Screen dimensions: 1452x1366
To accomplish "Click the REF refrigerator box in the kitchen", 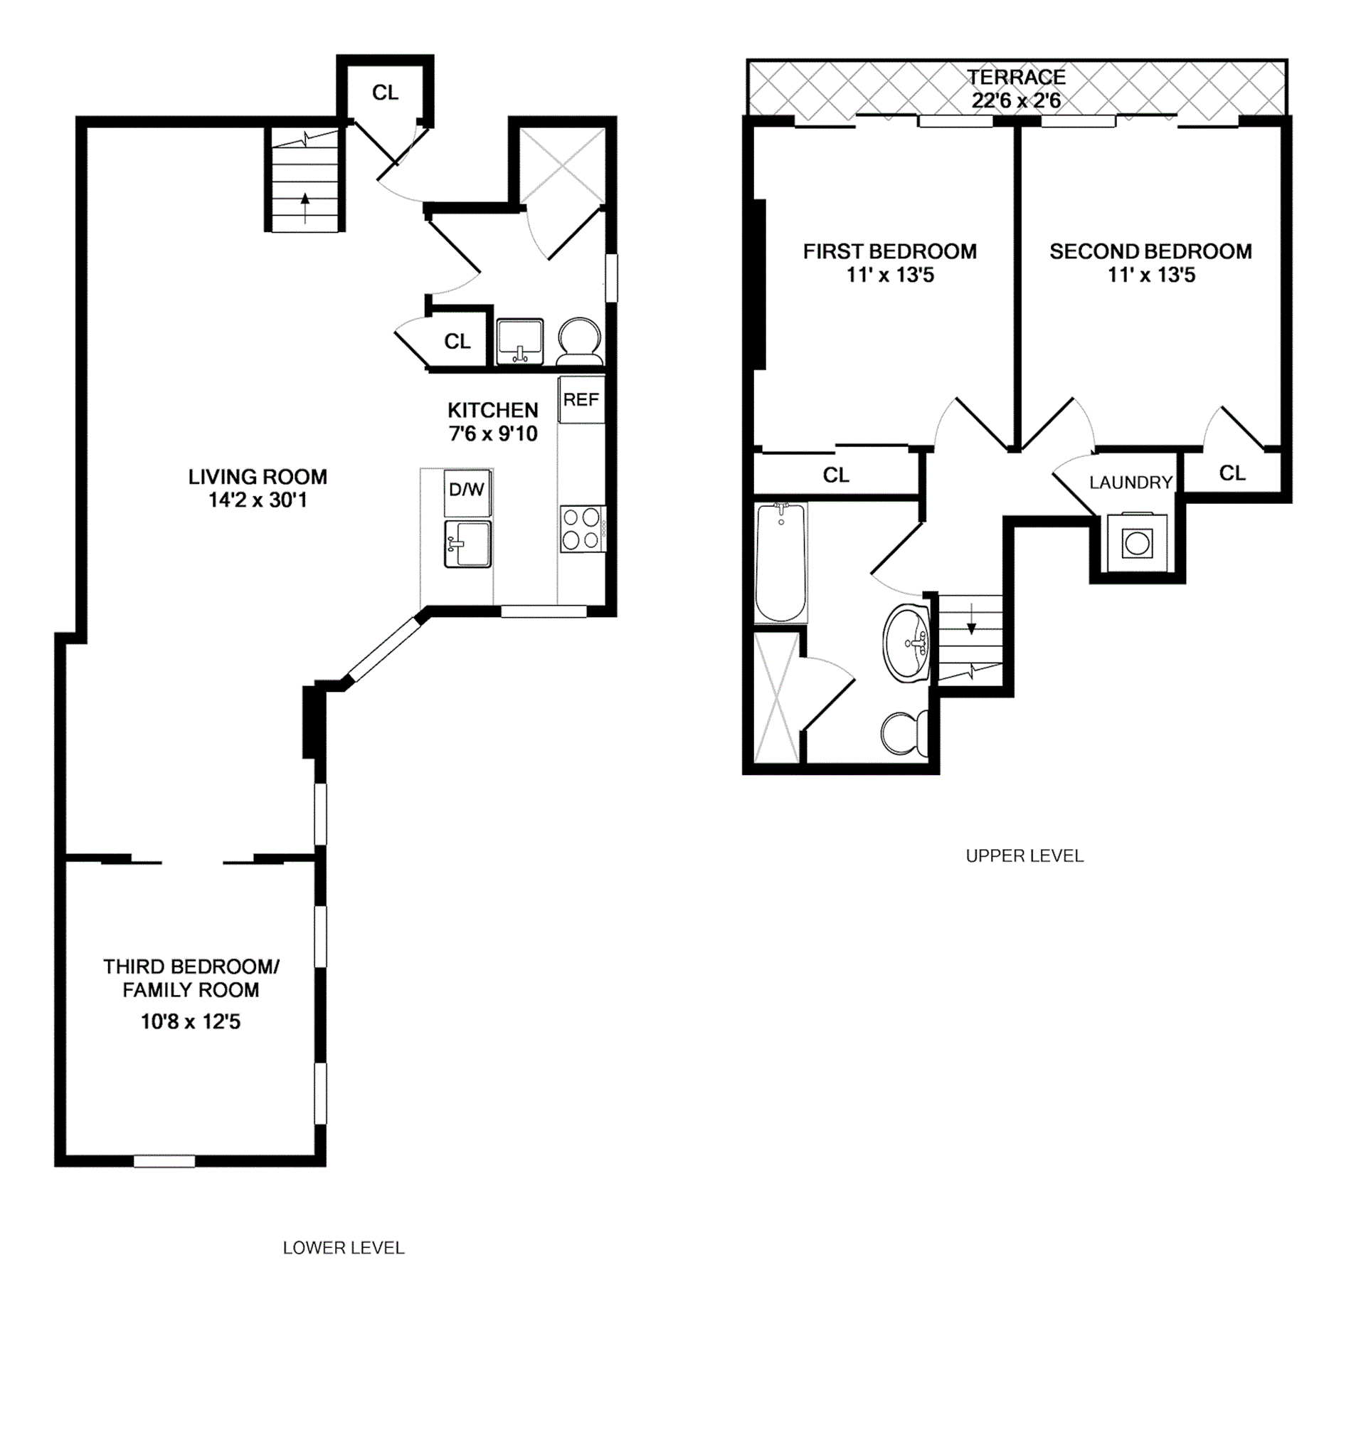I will click(x=581, y=399).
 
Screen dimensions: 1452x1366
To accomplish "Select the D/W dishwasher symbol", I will click(x=467, y=492).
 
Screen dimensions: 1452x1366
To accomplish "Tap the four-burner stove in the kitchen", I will click(x=582, y=529).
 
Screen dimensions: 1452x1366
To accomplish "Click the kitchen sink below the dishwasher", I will click(x=467, y=544).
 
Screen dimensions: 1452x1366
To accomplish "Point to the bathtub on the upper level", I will click(x=780, y=561).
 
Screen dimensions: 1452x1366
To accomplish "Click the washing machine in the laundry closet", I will click(x=1137, y=543).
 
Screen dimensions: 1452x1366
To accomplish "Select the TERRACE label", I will click(x=1016, y=78).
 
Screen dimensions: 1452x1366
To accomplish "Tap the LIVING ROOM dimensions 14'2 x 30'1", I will click(x=258, y=500).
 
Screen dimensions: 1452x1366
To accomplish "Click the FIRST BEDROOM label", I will click(x=889, y=252).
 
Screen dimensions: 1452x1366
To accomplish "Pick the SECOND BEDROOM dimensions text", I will click(x=1150, y=275).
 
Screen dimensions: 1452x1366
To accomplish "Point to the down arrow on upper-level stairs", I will click(x=971, y=626).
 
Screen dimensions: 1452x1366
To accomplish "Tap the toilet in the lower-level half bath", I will click(x=580, y=340).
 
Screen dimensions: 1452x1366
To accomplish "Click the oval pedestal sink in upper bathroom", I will click(x=906, y=643).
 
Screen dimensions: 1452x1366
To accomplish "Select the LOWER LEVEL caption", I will click(x=343, y=1248).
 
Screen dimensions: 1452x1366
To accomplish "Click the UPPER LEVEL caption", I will click(x=1024, y=856).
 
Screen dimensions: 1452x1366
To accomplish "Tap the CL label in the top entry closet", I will click(x=385, y=93).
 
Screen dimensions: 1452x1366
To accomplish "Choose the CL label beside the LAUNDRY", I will click(x=1232, y=473).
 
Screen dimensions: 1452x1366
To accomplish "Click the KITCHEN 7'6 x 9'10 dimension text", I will click(x=493, y=434).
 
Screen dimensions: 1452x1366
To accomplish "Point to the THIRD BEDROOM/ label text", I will click(x=191, y=967).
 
